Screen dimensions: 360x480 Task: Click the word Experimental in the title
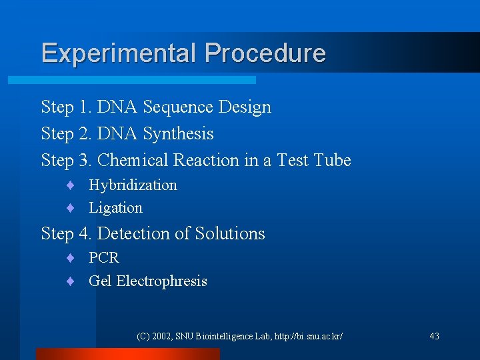tap(119, 53)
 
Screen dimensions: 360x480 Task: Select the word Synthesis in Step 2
tap(178, 134)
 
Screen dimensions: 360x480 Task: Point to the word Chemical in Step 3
tap(133, 161)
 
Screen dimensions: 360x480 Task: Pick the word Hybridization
tap(133, 185)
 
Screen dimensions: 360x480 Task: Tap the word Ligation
tap(115, 208)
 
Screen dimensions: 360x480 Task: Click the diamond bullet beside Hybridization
tap(69, 185)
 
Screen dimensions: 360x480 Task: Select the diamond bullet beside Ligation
tap(69, 208)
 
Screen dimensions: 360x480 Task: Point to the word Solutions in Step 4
tap(229, 234)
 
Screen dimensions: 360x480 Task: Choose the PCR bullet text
tap(103, 258)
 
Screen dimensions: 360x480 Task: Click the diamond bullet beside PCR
tap(69, 258)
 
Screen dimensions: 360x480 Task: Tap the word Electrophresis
tap(161, 281)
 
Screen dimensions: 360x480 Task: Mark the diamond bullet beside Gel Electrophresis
tap(69, 281)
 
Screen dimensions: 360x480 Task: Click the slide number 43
tap(434, 337)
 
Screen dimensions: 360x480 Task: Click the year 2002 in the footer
tap(161, 337)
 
